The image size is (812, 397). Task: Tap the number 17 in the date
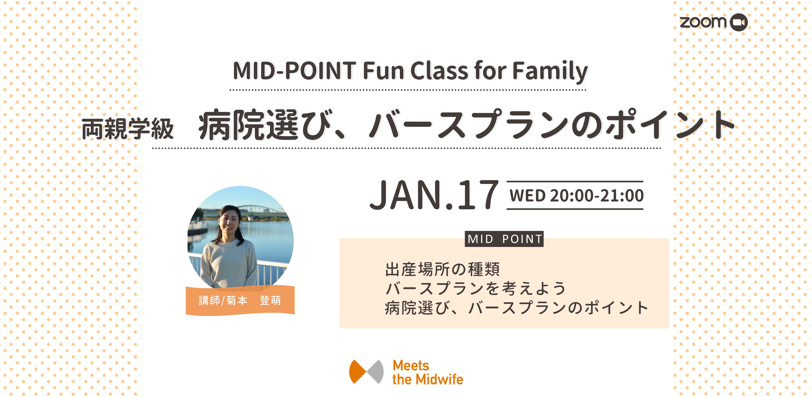tap(478, 194)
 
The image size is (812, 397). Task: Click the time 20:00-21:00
tap(597, 195)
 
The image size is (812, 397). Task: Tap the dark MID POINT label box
tap(504, 239)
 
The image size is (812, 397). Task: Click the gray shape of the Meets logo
tap(376, 371)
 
